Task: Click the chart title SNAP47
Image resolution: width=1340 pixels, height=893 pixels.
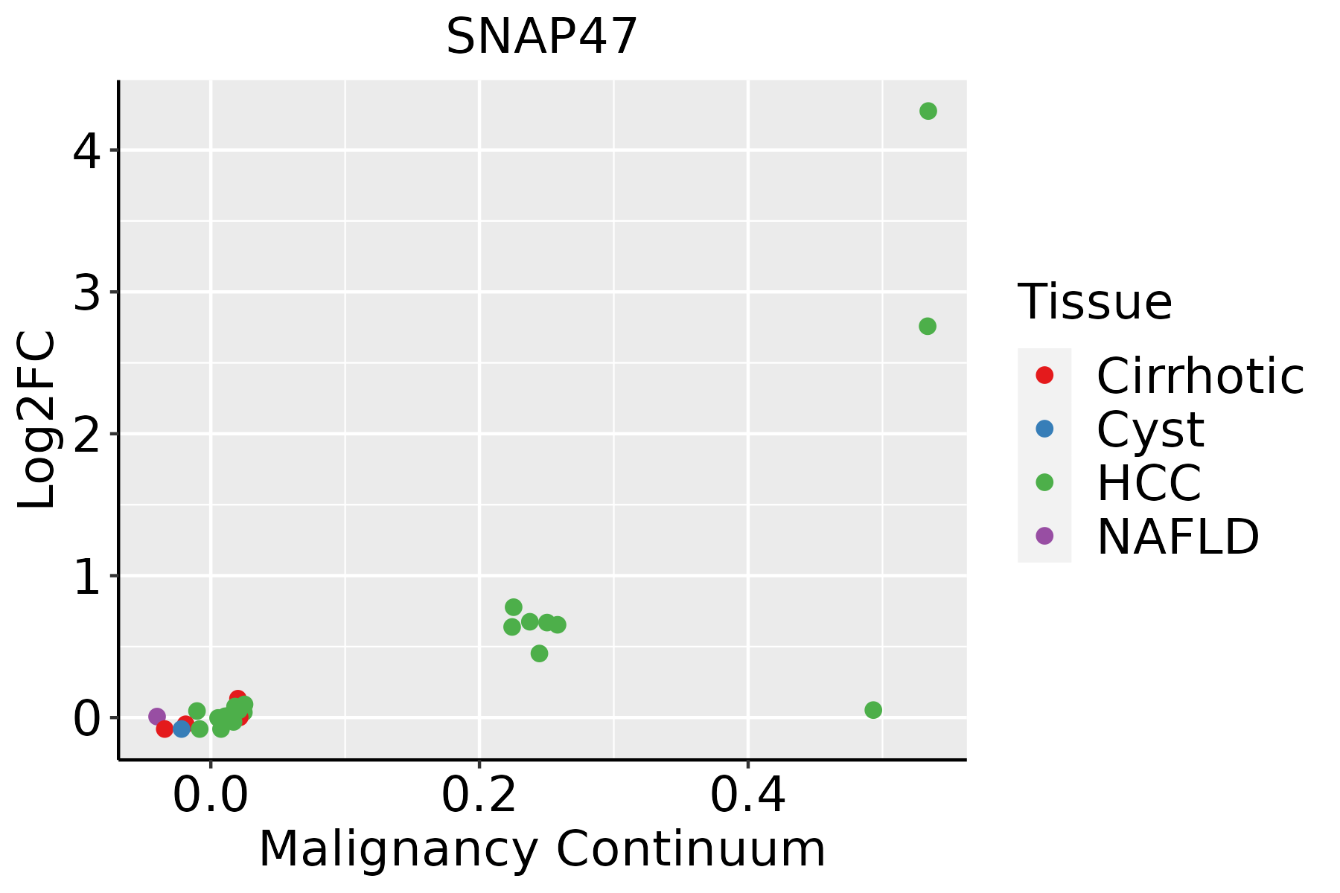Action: (541, 36)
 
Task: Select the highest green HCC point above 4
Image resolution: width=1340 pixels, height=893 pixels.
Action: (928, 111)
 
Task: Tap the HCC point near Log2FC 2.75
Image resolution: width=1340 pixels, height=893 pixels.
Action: (927, 326)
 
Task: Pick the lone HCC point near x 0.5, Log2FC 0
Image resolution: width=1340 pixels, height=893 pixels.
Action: (873, 710)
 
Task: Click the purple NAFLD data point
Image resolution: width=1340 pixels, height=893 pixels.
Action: (157, 717)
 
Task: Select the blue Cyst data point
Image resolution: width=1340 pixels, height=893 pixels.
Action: (182, 729)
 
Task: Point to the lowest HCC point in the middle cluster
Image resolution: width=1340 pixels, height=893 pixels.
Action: (540, 653)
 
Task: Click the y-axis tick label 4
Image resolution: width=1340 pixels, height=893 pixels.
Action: (86, 151)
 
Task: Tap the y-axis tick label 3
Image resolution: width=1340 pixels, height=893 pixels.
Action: (86, 292)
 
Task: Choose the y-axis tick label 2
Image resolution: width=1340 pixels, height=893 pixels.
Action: (86, 435)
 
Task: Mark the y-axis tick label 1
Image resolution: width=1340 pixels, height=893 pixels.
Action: (86, 577)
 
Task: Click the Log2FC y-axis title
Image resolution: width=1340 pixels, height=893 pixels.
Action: (37, 420)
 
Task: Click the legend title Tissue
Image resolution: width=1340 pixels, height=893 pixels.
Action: (1094, 302)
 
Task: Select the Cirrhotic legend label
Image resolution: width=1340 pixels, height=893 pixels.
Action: (1199, 376)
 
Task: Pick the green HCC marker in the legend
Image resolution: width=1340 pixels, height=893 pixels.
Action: (1044, 482)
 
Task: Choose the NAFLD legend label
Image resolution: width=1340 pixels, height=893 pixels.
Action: (1178, 536)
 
